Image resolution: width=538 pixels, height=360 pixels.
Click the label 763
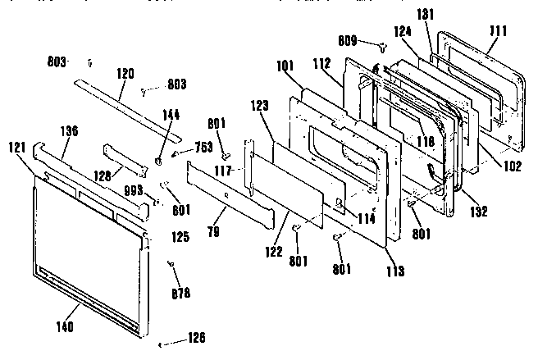point(203,148)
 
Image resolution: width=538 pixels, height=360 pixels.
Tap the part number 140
point(65,327)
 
